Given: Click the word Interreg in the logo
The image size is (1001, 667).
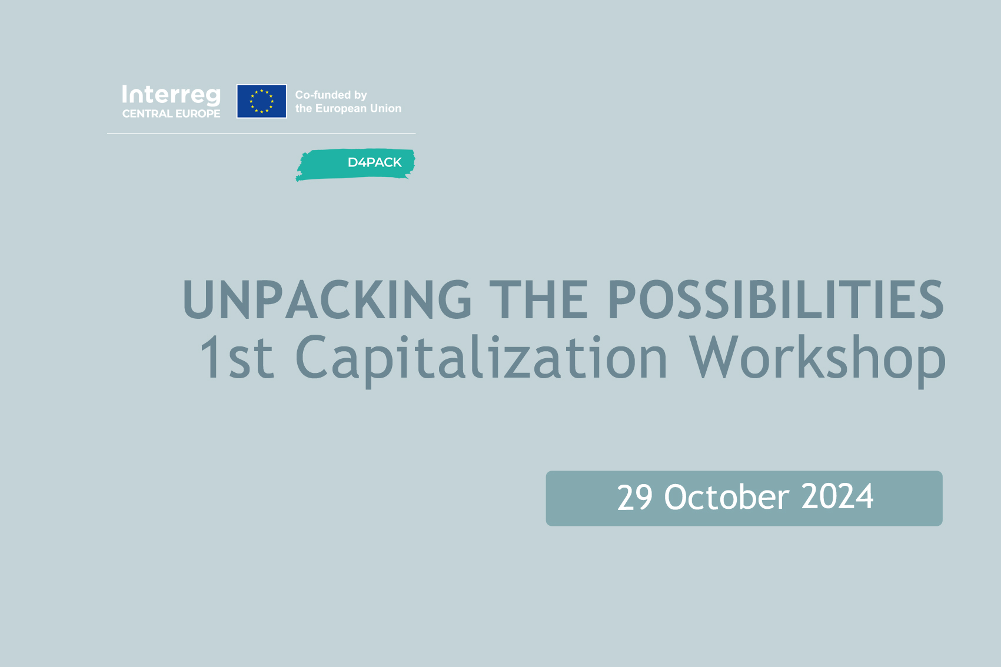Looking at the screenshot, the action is coord(172,96).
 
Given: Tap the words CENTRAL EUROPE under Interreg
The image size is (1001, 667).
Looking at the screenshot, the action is coord(171,114).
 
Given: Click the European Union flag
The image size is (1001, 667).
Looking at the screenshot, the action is coord(261,101).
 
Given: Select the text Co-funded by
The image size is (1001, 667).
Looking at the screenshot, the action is coord(331,95).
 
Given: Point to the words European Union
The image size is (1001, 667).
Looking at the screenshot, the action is coord(358,108).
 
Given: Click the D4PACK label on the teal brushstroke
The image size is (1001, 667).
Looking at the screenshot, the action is coord(374,162).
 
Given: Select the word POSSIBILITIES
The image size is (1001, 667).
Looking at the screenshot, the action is coord(776,299).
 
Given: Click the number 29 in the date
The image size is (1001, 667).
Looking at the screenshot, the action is coord(634,497).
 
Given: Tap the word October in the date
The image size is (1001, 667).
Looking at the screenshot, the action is coord(727,496).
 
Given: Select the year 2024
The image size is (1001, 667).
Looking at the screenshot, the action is coord(837,497).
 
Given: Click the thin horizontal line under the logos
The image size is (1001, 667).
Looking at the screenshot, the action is coord(261,134).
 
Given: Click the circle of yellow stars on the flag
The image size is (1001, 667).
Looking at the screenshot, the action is coord(261,101).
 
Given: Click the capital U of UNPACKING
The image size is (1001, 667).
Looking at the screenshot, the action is coord(199,300).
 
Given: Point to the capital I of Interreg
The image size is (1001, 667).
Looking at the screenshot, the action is coord(125,95).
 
